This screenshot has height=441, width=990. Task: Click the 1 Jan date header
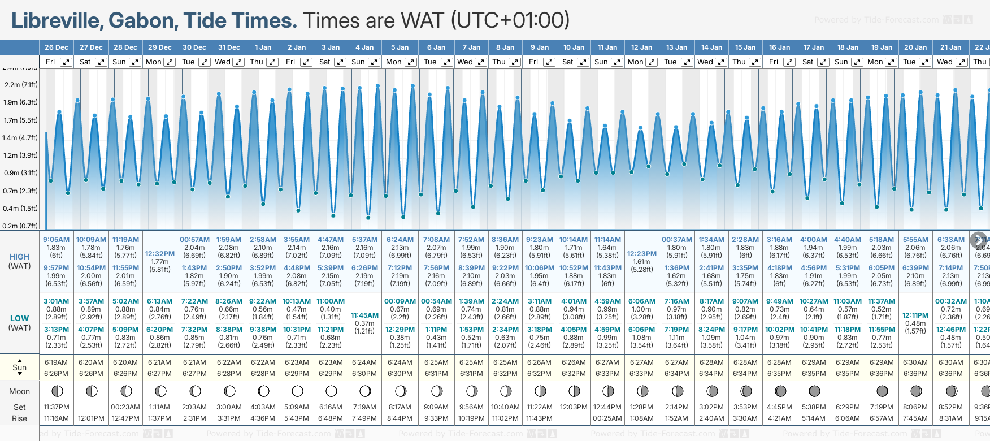(x=263, y=47)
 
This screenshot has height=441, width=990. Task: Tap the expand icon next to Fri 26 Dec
(x=66, y=62)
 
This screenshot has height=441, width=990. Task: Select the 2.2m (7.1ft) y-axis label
(x=20, y=85)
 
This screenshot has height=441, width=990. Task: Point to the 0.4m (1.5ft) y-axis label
(x=20, y=209)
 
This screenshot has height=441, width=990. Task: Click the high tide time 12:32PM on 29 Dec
(x=160, y=254)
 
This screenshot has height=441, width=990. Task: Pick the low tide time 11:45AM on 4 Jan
(x=364, y=315)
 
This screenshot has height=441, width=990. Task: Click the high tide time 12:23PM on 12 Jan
(x=642, y=254)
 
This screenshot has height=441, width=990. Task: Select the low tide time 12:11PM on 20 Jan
(x=915, y=315)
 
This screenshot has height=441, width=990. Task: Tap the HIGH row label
(x=20, y=257)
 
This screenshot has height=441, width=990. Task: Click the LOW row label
(x=20, y=318)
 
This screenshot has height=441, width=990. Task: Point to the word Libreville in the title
(x=56, y=21)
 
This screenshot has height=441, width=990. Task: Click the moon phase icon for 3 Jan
(x=331, y=391)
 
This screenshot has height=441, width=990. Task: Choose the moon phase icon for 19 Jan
(x=882, y=391)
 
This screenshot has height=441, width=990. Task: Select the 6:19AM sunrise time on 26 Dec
(x=56, y=362)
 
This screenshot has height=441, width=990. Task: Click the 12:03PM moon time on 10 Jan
(x=574, y=407)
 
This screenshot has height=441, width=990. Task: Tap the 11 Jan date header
(x=607, y=47)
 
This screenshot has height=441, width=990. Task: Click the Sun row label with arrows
(x=20, y=367)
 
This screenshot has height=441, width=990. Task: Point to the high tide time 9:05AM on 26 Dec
(x=56, y=240)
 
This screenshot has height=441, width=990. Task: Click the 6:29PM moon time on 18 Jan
(x=848, y=407)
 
